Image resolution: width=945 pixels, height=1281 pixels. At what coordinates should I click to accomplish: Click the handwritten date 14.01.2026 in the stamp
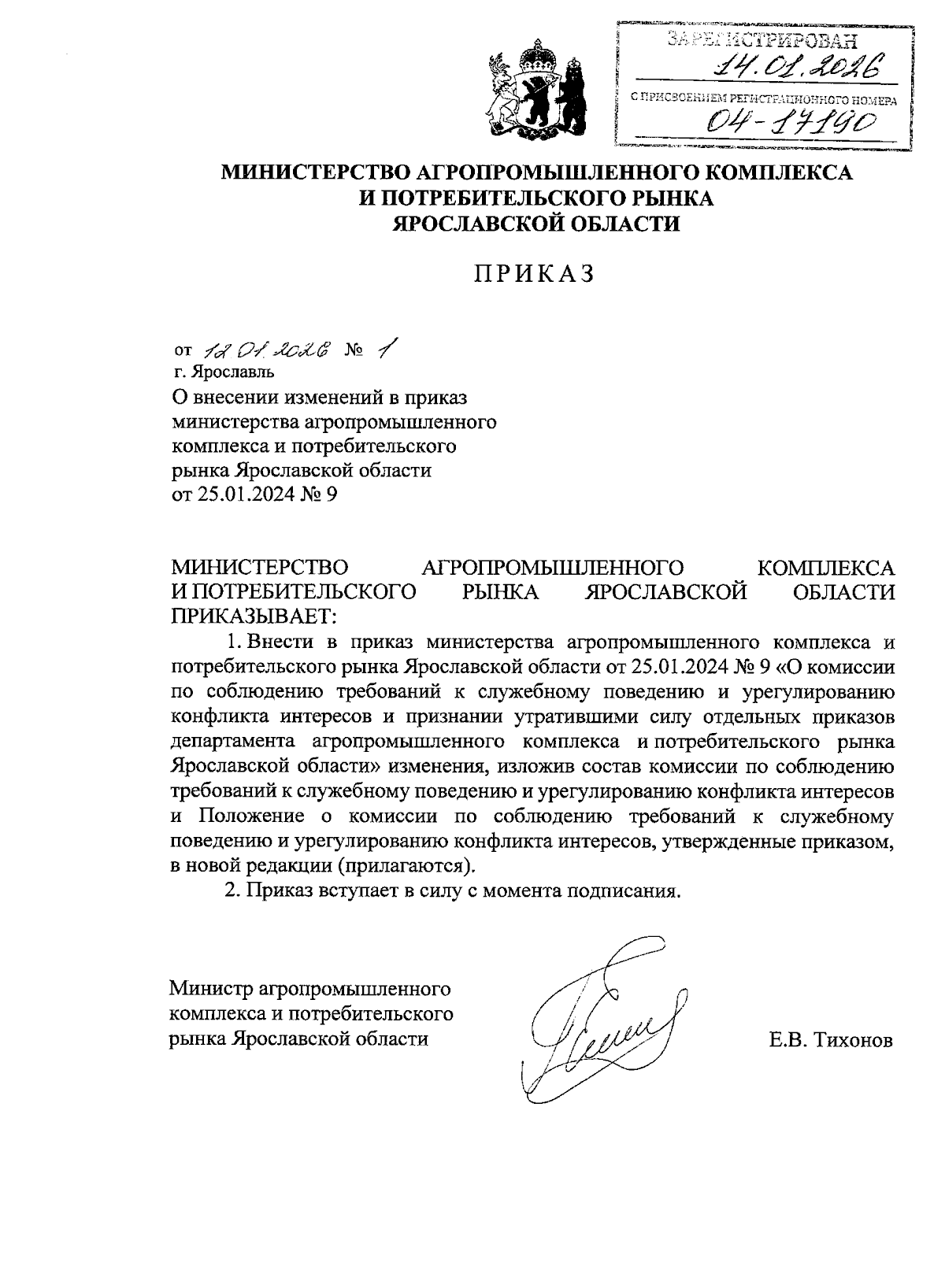click(795, 69)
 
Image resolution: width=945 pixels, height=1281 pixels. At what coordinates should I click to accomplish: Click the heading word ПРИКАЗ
click(534, 273)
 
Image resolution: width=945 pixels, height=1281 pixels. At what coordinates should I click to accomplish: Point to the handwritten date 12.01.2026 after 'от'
click(267, 350)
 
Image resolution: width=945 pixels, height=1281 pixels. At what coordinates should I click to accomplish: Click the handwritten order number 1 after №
click(384, 347)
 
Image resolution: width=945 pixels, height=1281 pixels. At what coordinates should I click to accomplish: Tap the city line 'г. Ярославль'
click(224, 370)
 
